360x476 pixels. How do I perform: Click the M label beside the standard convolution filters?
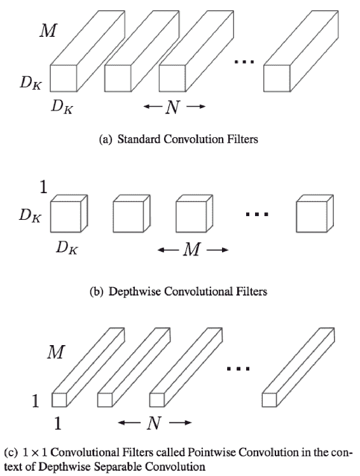click(48, 31)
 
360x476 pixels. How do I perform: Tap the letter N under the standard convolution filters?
click(173, 107)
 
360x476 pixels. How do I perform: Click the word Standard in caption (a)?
click(139, 139)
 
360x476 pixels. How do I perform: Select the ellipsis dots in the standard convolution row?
click(244, 62)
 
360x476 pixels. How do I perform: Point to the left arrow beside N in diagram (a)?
click(153, 107)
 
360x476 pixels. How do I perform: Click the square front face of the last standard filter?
click(277, 78)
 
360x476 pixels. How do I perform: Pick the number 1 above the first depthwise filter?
click(43, 187)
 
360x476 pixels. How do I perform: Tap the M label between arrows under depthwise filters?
click(192, 250)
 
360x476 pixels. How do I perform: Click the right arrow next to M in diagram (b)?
click(218, 250)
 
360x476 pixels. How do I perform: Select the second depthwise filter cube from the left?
click(132, 214)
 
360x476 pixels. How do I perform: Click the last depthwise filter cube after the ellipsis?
click(315, 214)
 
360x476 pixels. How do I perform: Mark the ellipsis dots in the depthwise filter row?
click(257, 214)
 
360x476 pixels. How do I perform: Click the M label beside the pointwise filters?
click(56, 353)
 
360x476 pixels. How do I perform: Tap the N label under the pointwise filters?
click(154, 423)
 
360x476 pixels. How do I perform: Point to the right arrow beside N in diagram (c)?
click(181, 423)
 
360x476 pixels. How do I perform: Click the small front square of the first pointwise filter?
click(59, 400)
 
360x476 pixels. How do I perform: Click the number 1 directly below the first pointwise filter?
click(58, 423)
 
